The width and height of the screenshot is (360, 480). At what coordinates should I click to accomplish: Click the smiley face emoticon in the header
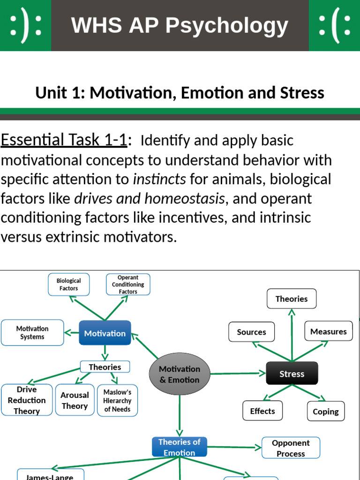click(x=25, y=25)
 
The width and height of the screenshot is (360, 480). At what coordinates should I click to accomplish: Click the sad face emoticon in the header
click(x=334, y=25)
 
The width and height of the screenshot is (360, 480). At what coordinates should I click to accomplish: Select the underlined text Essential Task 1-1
click(x=64, y=140)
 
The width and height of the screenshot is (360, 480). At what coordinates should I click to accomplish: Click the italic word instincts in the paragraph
click(x=160, y=179)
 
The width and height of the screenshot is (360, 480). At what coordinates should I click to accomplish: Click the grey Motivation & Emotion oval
click(x=179, y=375)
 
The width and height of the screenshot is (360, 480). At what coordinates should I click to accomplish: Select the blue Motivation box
click(x=105, y=333)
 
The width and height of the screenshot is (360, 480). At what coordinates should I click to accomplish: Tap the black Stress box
click(x=292, y=374)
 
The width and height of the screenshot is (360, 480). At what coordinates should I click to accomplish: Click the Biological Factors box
click(x=69, y=285)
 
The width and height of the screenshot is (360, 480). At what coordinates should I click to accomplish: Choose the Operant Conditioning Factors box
click(x=128, y=285)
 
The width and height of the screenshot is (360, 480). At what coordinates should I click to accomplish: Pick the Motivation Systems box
click(x=32, y=333)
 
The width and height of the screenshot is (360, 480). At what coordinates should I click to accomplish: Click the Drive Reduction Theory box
click(x=27, y=400)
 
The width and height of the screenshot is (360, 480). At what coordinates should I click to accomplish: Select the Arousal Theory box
click(x=75, y=400)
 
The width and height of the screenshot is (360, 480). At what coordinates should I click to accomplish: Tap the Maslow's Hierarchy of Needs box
click(x=117, y=400)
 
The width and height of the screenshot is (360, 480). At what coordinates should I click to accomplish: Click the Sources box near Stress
click(x=251, y=332)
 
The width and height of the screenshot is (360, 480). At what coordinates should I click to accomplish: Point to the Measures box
click(x=328, y=331)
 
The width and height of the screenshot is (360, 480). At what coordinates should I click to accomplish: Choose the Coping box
click(x=325, y=412)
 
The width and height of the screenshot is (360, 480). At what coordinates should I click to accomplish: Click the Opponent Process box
click(x=291, y=448)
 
